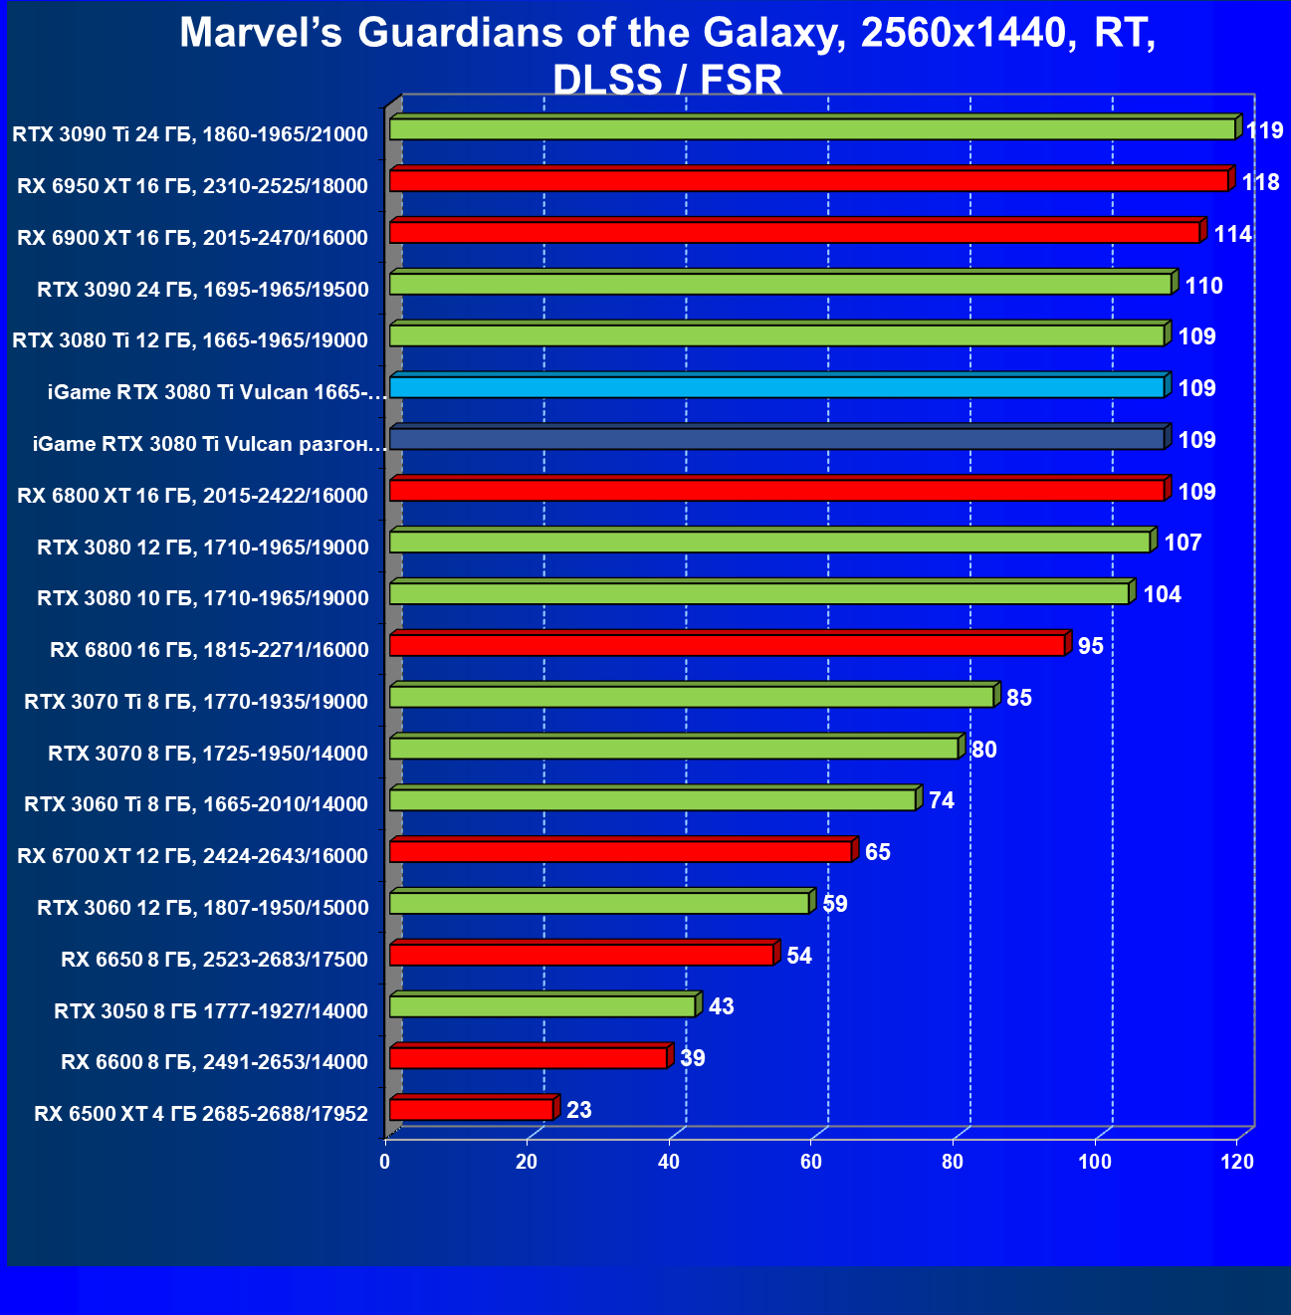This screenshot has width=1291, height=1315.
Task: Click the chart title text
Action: pyautogui.click(x=667, y=56)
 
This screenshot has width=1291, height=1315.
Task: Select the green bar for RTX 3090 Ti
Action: pyautogui.click(x=811, y=129)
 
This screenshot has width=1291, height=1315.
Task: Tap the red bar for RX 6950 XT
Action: pyautogui.click(x=808, y=181)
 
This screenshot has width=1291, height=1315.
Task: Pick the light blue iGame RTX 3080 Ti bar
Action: pyautogui.click(x=776, y=387)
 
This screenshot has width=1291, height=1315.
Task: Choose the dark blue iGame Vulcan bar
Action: pyautogui.click(x=776, y=439)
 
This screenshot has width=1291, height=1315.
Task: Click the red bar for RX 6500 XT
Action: pyautogui.click(x=471, y=1109)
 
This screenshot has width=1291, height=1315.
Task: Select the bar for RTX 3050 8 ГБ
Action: pyautogui.click(x=541, y=1006)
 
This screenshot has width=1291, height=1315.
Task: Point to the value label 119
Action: pyautogui.click(x=1264, y=130)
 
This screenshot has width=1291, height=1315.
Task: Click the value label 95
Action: pyautogui.click(x=1090, y=646)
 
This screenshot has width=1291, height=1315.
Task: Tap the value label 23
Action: pyautogui.click(x=578, y=1110)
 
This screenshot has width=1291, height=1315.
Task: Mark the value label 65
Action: pyautogui.click(x=877, y=852)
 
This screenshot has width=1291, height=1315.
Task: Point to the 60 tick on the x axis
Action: pyautogui.click(x=811, y=1162)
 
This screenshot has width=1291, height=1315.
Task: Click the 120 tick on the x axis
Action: pyautogui.click(x=1237, y=1162)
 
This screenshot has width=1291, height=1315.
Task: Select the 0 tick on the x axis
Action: pyautogui.click(x=385, y=1162)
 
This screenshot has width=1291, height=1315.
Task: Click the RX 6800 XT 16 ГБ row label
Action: pyautogui.click(x=192, y=496)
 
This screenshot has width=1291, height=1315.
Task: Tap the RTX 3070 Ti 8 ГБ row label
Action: pyautogui.click(x=196, y=702)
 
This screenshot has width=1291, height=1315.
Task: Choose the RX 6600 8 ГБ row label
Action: pyautogui.click(x=214, y=1062)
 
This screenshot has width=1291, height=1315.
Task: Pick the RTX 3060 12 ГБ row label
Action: pyautogui.click(x=202, y=908)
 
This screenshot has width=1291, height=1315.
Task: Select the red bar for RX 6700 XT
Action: pyautogui.click(x=620, y=851)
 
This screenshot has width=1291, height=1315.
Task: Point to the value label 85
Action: pyautogui.click(x=1018, y=698)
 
